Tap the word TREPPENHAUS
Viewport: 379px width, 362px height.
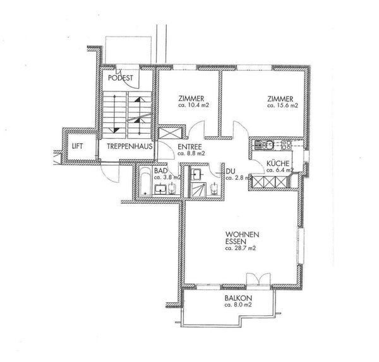tap(127, 146)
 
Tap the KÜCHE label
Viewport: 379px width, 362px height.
tap(277, 163)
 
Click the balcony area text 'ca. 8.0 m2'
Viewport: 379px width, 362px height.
tap(238, 305)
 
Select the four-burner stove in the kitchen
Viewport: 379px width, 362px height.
tap(286, 146)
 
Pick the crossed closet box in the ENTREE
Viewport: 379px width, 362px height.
tap(168, 136)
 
